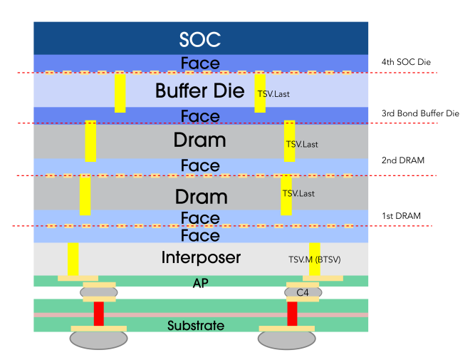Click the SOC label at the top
click(x=200, y=39)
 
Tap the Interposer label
click(x=202, y=257)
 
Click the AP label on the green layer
click(x=201, y=282)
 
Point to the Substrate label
click(x=196, y=326)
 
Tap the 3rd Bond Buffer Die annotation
click(x=420, y=113)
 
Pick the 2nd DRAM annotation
click(x=403, y=160)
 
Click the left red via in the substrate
click(x=98, y=314)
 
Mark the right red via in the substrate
click(x=292, y=314)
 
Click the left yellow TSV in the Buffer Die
click(x=120, y=93)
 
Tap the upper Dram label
click(x=200, y=140)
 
